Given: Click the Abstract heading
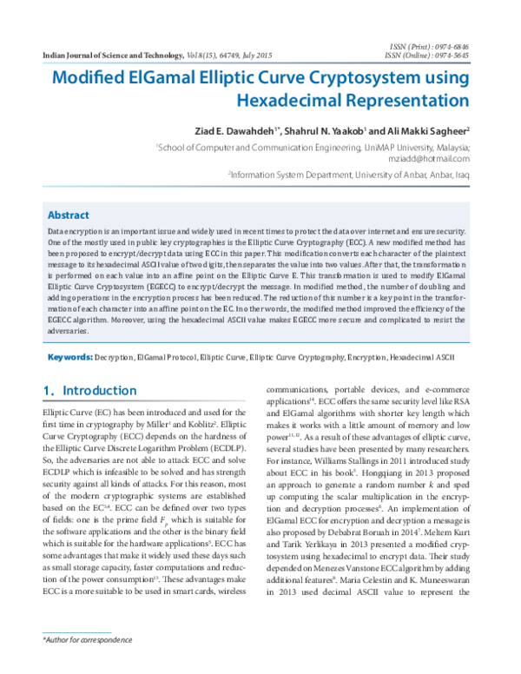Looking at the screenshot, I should click(x=68, y=215).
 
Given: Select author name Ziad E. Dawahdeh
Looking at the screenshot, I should click(x=230, y=130).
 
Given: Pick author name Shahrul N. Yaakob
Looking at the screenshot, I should click(x=325, y=130).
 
